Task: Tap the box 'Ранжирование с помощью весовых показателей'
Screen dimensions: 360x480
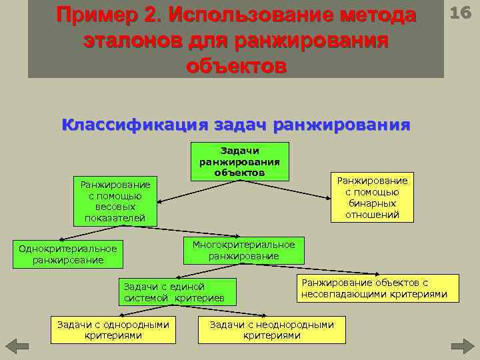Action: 115,201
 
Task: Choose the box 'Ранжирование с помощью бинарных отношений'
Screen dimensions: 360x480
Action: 373,197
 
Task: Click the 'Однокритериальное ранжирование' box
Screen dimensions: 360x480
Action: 68,254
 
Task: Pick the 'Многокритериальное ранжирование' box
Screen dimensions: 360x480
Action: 243,250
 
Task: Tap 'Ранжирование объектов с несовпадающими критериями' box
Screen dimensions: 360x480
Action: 374,288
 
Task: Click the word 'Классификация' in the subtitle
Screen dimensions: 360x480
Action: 133,125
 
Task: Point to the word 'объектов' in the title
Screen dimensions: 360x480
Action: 236,67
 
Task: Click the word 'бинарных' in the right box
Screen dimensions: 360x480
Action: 373,203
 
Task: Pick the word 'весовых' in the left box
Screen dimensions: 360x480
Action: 115,207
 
